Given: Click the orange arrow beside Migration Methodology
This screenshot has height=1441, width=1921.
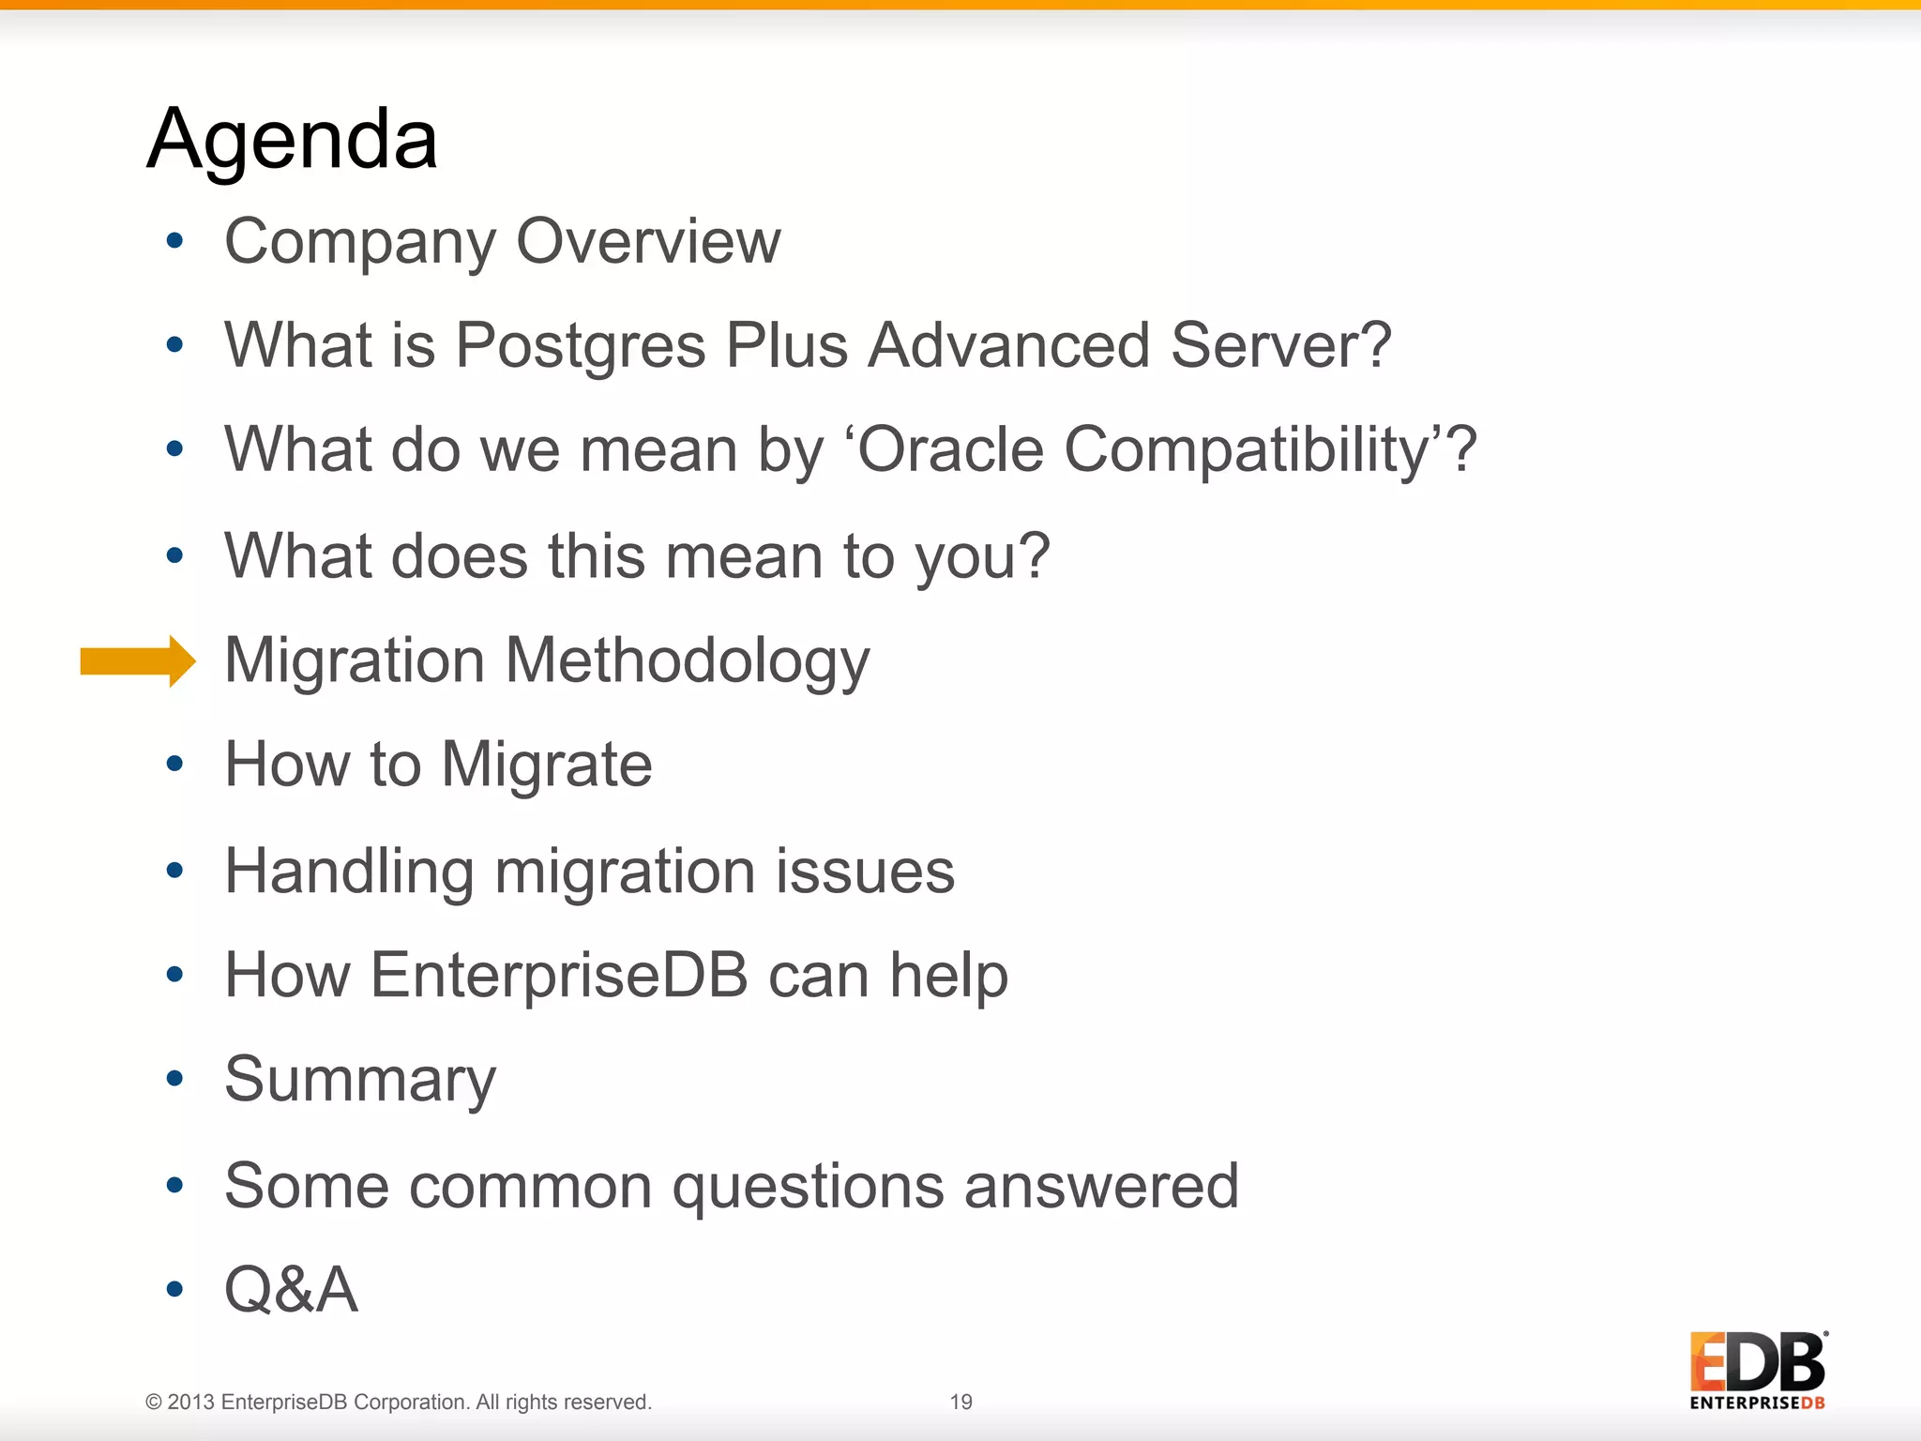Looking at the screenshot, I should pyautogui.click(x=137, y=661).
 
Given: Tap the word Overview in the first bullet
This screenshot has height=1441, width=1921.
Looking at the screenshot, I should pyautogui.click(x=648, y=241).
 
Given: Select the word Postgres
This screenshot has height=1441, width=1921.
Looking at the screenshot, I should pyautogui.click(x=580, y=345).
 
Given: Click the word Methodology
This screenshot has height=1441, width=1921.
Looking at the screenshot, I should pyautogui.click(x=688, y=661).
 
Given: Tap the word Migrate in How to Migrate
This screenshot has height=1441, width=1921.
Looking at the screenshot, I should pyautogui.click(x=546, y=765).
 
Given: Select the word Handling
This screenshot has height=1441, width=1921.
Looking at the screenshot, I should pyautogui.click(x=349, y=872).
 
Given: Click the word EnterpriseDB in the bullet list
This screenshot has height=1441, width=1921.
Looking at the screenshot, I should pyautogui.click(x=559, y=975).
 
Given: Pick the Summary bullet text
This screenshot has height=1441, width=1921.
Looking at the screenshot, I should pyautogui.click(x=360, y=1080).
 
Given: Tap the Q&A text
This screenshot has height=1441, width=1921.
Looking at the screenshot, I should pyautogui.click(x=292, y=1290).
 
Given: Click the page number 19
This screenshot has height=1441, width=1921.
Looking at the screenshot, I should pyautogui.click(x=960, y=1402).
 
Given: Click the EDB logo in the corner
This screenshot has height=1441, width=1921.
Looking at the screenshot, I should pyautogui.click(x=1757, y=1370).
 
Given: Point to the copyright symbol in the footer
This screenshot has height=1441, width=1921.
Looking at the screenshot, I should pyautogui.click(x=154, y=1403).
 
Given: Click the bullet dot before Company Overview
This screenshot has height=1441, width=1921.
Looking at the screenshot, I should pyautogui.click(x=174, y=241).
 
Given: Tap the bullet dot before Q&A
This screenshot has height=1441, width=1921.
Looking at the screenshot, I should pyautogui.click(x=174, y=1290).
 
